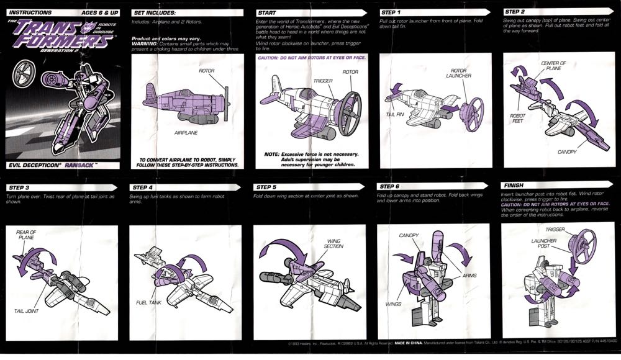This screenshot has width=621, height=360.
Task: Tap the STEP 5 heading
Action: click(267, 187)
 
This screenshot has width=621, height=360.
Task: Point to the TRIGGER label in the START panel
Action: click(323, 81)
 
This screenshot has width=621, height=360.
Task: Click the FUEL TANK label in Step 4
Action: click(148, 302)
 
